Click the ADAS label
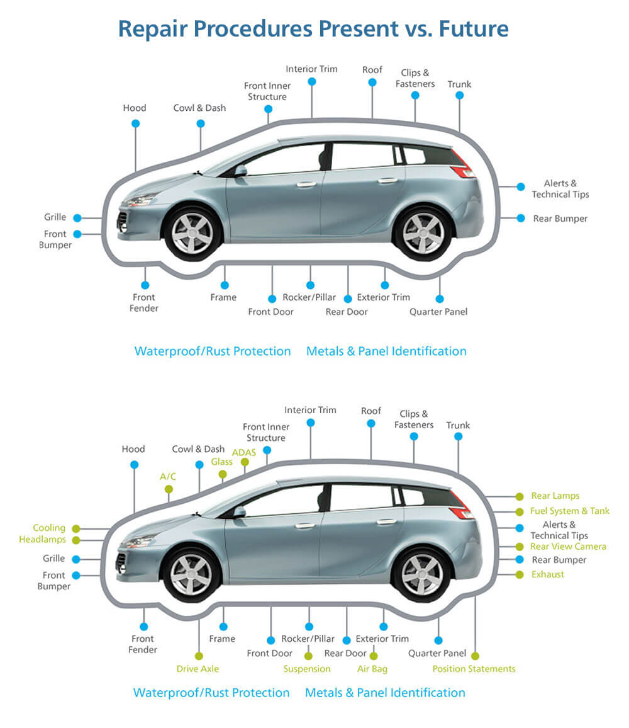pyautogui.click(x=243, y=452)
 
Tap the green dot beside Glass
pyautogui.click(x=223, y=474)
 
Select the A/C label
pyautogui.click(x=168, y=477)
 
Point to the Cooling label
pyautogui.click(x=49, y=528)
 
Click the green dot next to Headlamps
pyautogui.click(x=77, y=540)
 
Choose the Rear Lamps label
pyautogui.click(x=555, y=496)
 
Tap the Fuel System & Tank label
pyautogui.click(x=570, y=511)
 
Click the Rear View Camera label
pyautogui.click(x=568, y=546)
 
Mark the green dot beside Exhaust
pyautogui.click(x=520, y=574)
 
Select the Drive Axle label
pyautogui.click(x=198, y=669)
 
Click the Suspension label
pyautogui.click(x=307, y=669)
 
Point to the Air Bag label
pyautogui.click(x=372, y=669)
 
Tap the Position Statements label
pyautogui.click(x=474, y=669)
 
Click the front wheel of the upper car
pyautogui.click(x=192, y=233)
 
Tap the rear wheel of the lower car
pyautogui.click(x=421, y=574)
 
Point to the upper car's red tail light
pyautogui.click(x=463, y=165)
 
